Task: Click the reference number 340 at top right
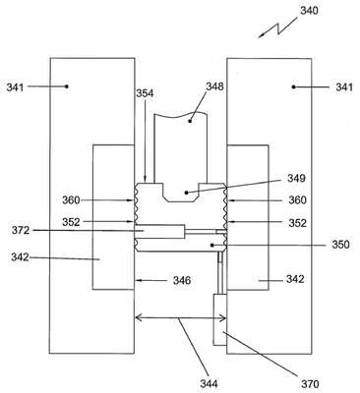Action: tap(309, 11)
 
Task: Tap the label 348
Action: tap(214, 86)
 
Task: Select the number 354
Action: tap(145, 93)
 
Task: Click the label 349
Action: tap(296, 178)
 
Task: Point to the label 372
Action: tap(21, 230)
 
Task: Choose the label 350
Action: tap(340, 245)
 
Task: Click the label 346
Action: tap(182, 280)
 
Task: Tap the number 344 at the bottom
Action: tap(209, 383)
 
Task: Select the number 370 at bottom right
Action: tap(310, 383)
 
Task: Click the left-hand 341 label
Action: tap(15, 87)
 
